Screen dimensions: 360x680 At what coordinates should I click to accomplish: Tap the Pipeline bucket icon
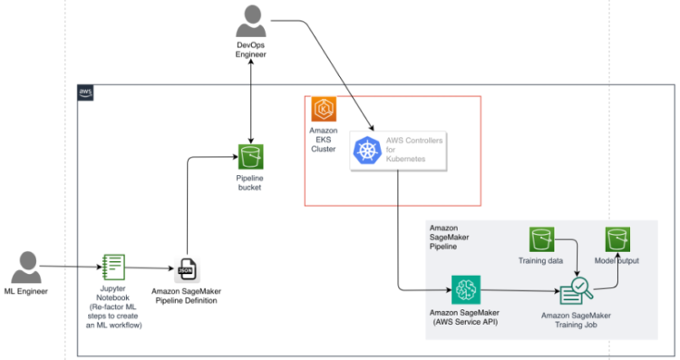(250, 156)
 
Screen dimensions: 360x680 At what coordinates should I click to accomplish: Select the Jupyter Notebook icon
(114, 267)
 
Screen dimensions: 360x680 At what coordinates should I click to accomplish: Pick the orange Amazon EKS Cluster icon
(324, 111)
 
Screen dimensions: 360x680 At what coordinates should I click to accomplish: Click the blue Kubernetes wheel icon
(366, 151)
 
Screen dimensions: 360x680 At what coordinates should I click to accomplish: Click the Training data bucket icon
(542, 239)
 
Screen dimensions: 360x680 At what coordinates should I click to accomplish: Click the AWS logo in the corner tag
(85, 92)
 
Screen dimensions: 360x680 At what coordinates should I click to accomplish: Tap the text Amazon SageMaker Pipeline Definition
(186, 296)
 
